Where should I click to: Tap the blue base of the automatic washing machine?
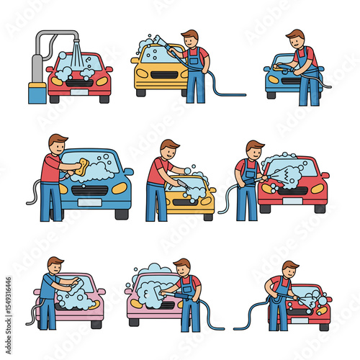coord(35,94)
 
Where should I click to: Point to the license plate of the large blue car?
coord(90,202)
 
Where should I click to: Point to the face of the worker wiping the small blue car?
coord(296,40)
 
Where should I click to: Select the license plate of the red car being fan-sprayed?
coord(293,203)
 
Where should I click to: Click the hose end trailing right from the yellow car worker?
coord(243,94)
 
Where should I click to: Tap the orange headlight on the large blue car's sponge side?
coord(63,189)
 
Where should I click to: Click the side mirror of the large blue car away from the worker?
coord(129,172)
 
